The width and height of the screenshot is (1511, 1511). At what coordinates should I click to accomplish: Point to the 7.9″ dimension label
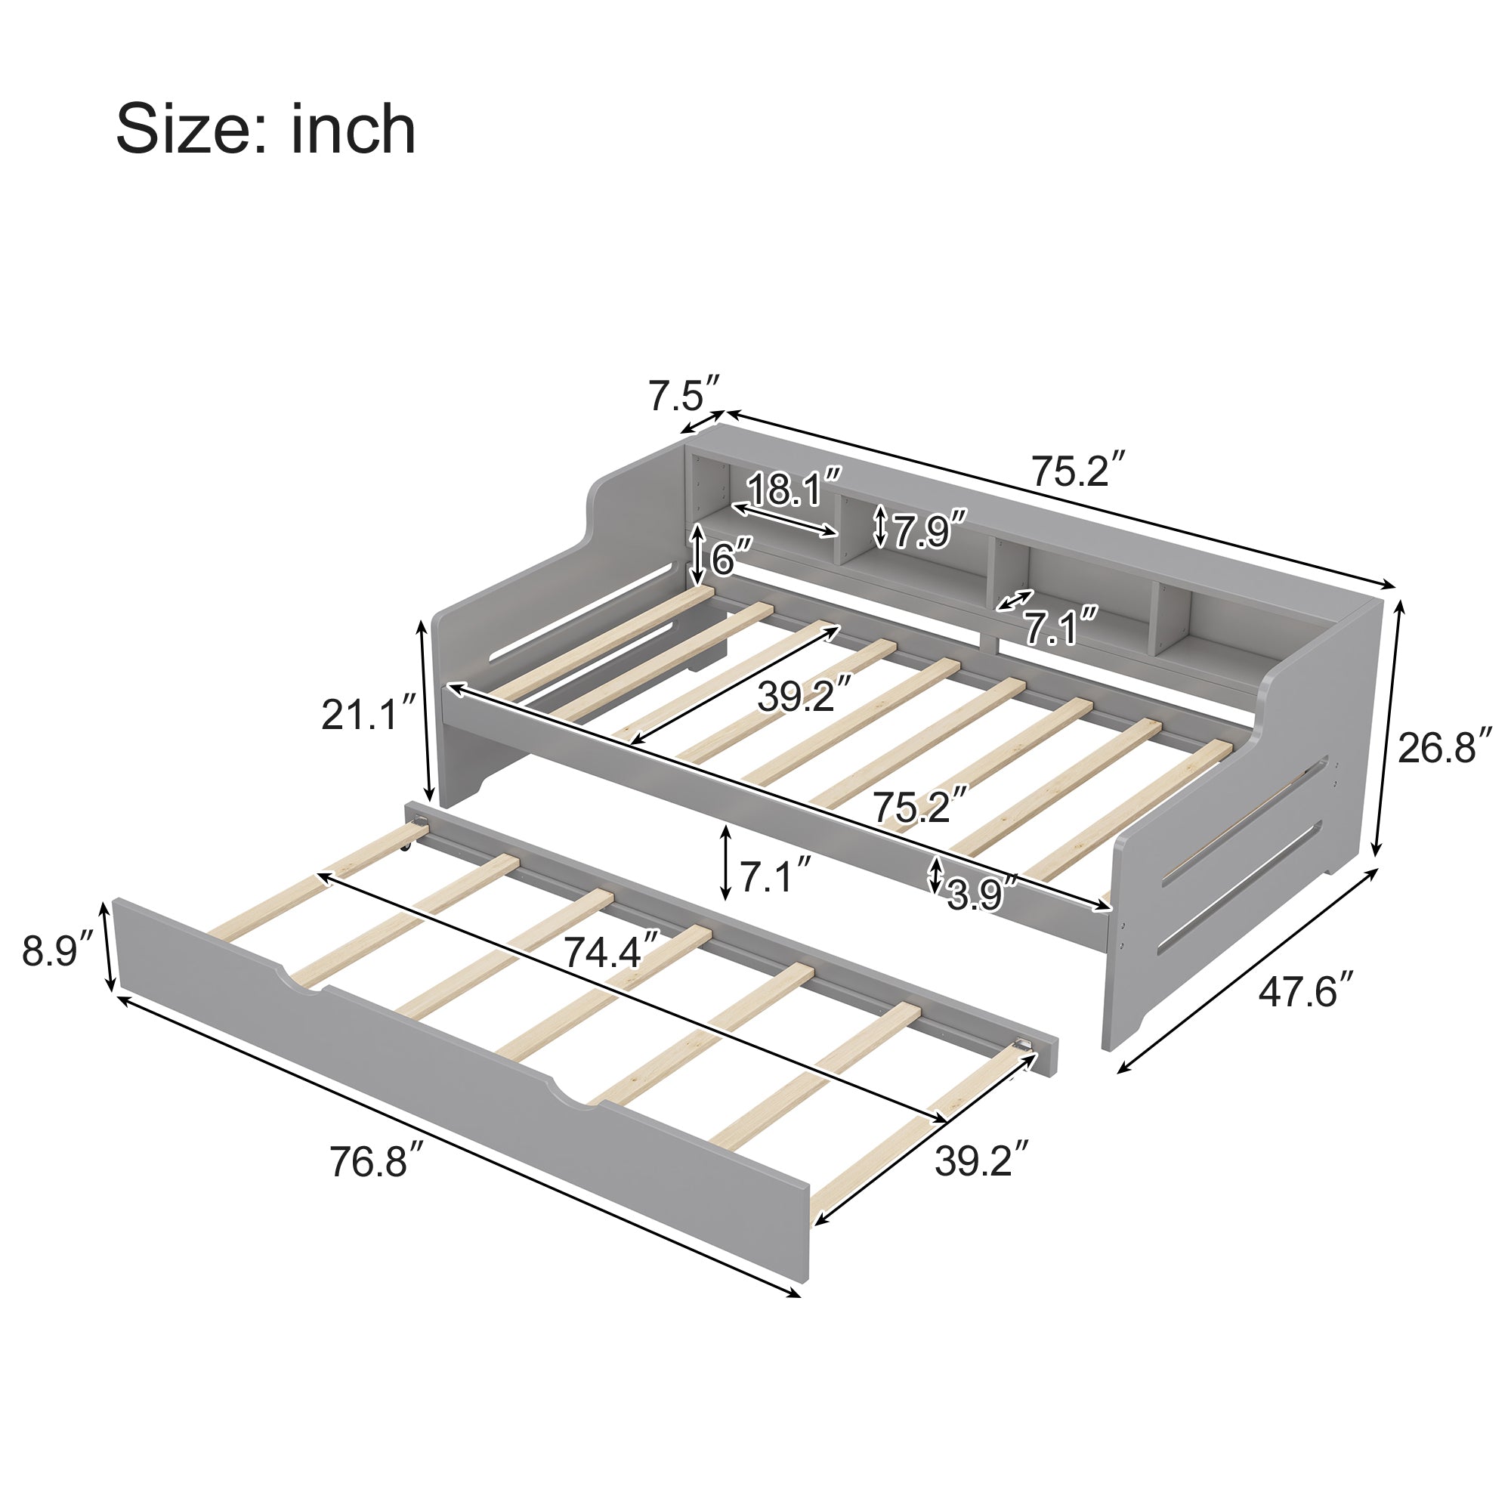coord(929,530)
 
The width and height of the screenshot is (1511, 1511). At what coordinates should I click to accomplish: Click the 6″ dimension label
coord(731,558)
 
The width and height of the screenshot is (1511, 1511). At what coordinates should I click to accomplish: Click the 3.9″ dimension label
coord(981,893)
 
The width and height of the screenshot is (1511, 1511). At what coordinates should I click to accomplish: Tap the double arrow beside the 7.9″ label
coord(881,527)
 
